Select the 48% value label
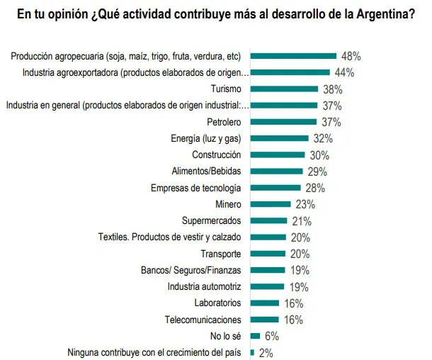[351, 55]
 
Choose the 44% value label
[344, 72]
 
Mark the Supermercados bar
[269, 221]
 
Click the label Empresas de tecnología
[196, 188]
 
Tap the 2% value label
[266, 352]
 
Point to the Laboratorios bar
[265, 303]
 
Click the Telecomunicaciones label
[203, 320]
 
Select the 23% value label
[305, 205]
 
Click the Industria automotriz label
[205, 286]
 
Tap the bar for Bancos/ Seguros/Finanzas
[267, 270]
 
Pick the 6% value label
[272, 336]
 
